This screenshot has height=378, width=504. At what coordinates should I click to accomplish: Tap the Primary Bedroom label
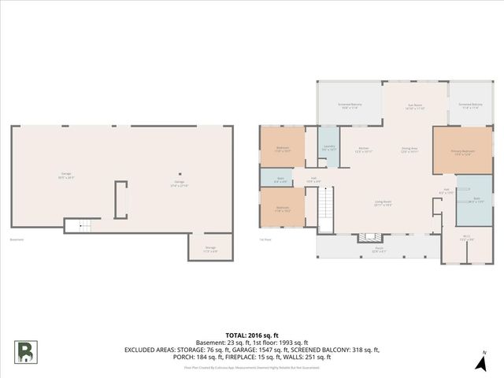(x=462, y=152)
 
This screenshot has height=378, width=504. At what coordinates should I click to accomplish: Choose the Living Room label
(x=384, y=202)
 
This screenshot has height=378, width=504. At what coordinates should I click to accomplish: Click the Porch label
(x=378, y=251)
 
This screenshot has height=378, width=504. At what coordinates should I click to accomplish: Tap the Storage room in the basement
(x=210, y=250)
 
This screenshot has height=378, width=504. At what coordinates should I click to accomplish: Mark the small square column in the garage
(x=180, y=174)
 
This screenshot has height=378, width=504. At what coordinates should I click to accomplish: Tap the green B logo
(x=25, y=351)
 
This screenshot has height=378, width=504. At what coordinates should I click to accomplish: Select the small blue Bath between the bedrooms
(x=280, y=180)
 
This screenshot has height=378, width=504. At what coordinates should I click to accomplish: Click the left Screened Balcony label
(x=350, y=106)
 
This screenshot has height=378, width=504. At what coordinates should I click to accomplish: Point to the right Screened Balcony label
(x=470, y=106)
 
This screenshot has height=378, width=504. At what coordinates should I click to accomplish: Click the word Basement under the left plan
(x=16, y=239)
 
